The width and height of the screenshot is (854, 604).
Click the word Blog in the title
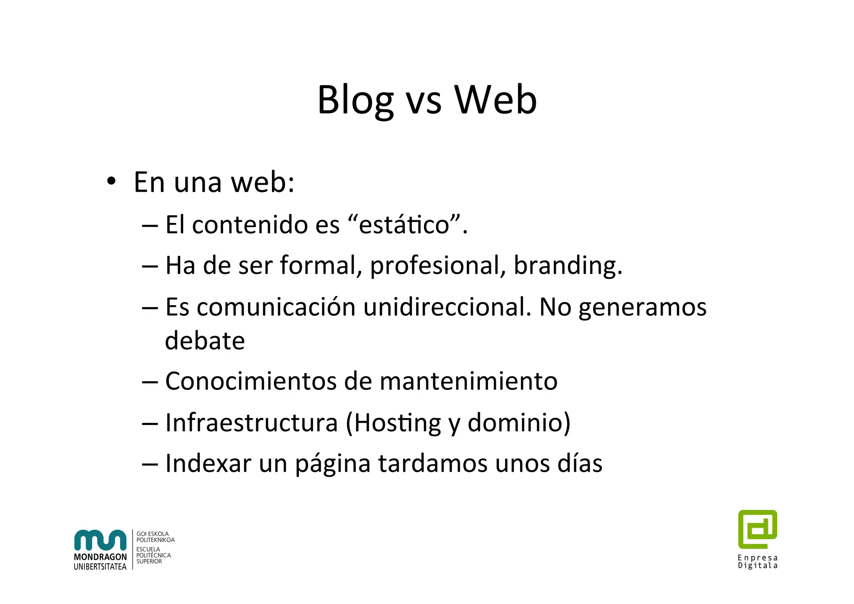pyautogui.click(x=355, y=100)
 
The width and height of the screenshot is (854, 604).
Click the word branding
pyautogui.click(x=567, y=265)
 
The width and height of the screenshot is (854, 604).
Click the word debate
pyautogui.click(x=205, y=341)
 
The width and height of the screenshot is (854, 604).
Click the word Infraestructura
pyautogui.click(x=251, y=422)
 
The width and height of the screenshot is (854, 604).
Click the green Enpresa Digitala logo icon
pyautogui.click(x=757, y=529)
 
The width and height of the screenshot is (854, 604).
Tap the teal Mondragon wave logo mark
pyautogui.click(x=100, y=540)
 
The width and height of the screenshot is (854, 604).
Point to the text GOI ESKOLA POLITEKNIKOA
pyautogui.click(x=155, y=537)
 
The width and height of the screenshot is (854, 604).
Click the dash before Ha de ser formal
pyautogui.click(x=150, y=266)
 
